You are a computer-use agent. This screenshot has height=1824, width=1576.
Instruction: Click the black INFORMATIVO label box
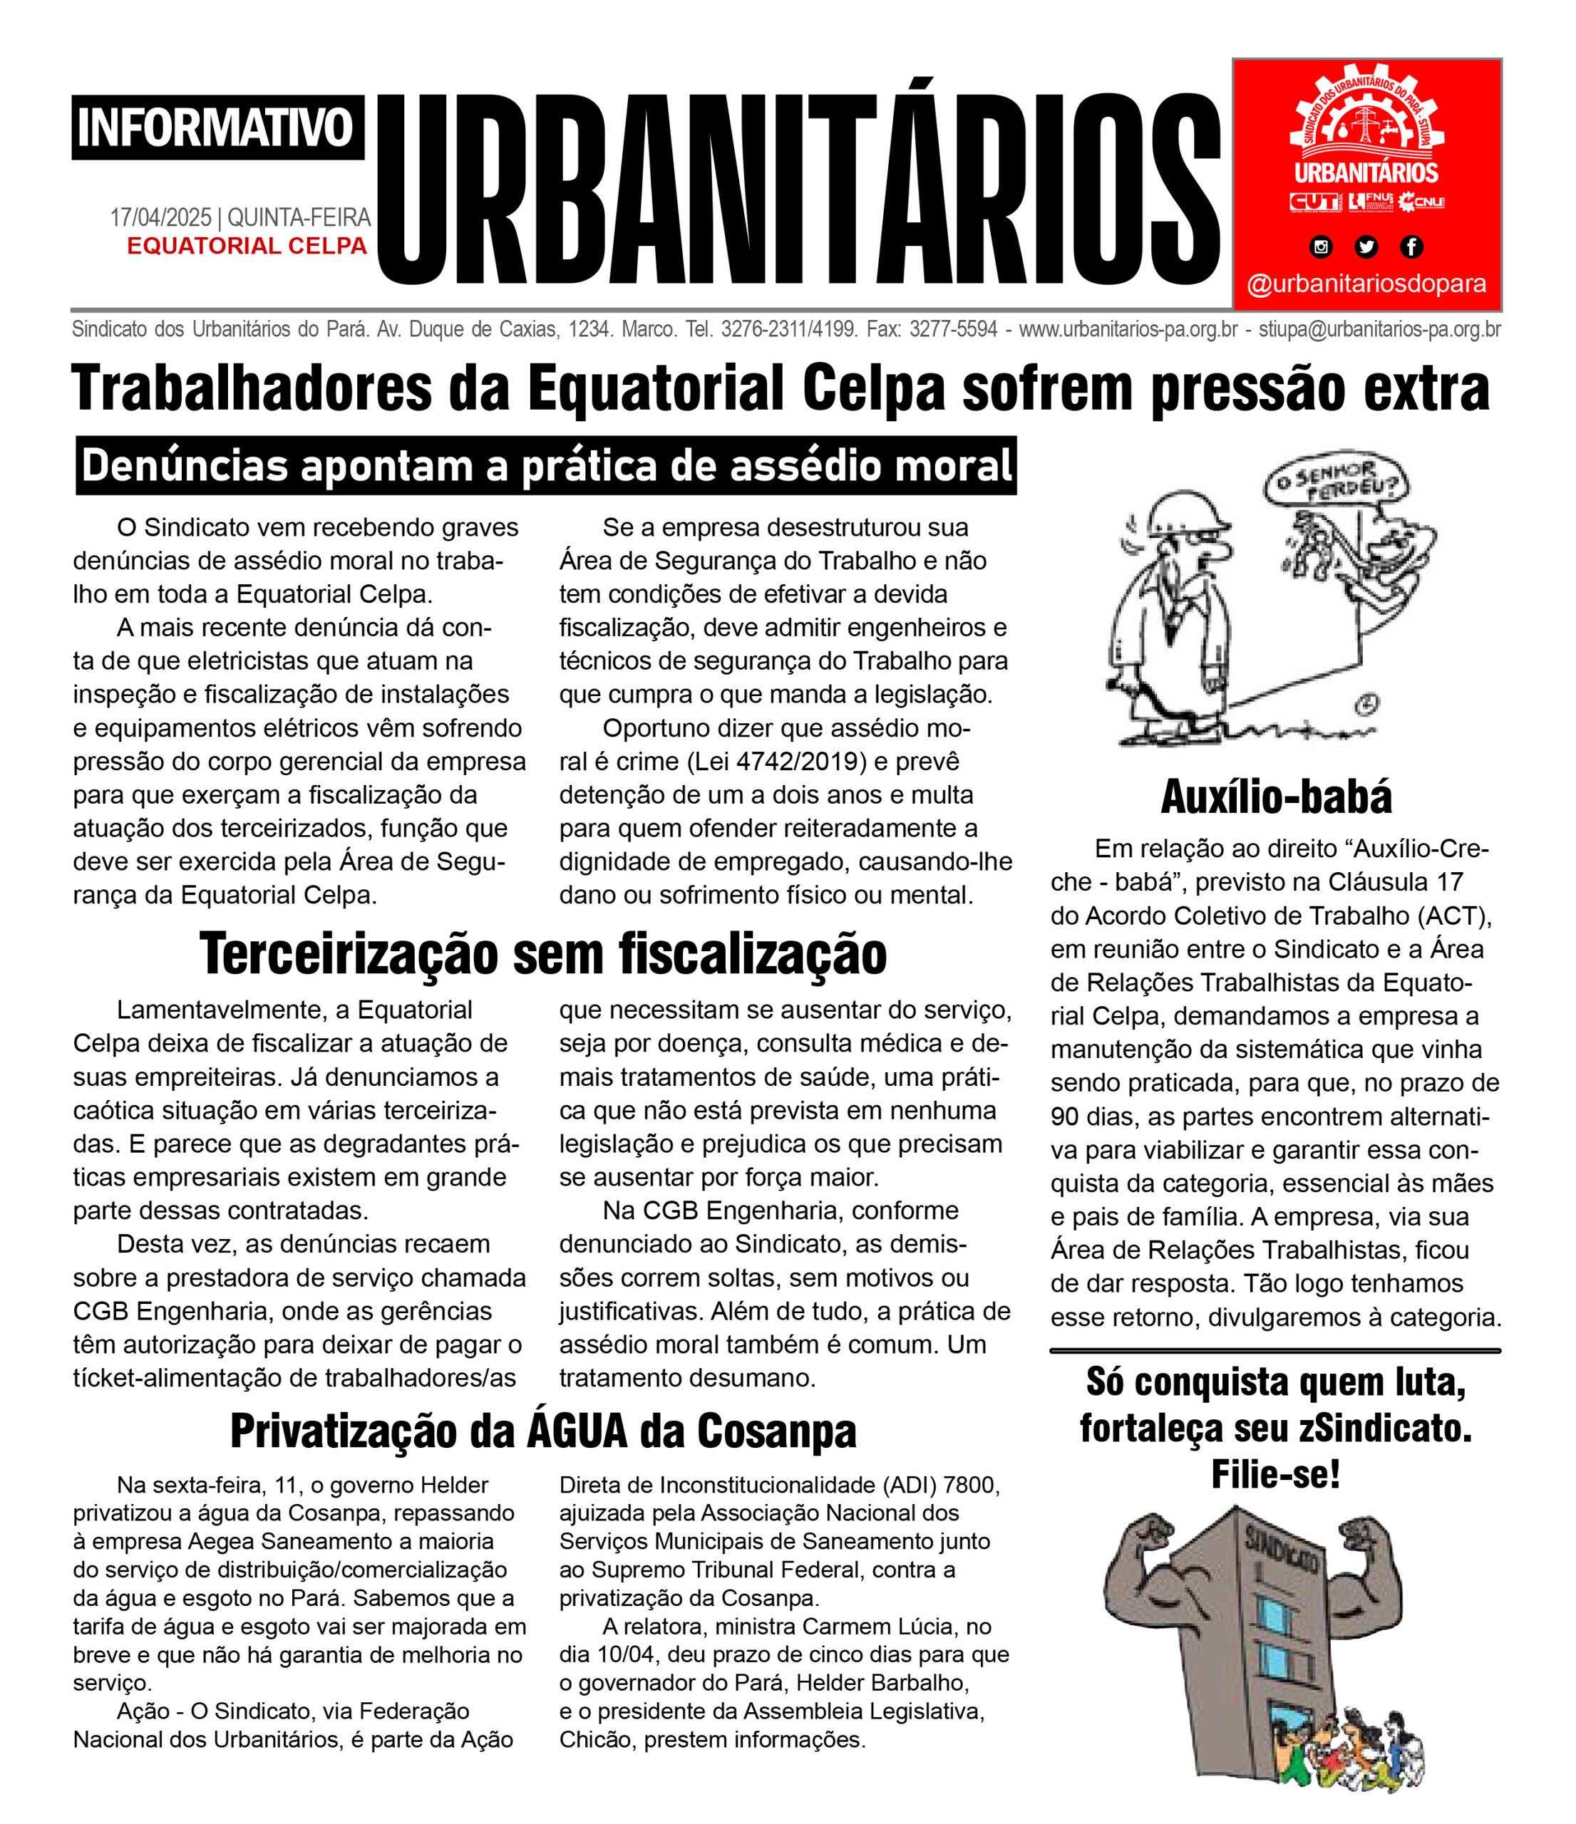(217, 128)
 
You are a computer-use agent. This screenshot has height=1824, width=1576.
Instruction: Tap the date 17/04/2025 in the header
(161, 217)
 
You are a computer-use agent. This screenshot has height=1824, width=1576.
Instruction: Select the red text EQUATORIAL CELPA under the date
(247, 246)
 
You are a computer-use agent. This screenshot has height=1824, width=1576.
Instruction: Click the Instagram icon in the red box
(1321, 247)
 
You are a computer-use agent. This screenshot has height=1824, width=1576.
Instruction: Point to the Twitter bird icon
(1366, 247)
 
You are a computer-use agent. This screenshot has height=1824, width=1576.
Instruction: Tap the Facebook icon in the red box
(1411, 247)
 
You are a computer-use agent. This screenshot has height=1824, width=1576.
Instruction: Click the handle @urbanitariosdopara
(1366, 284)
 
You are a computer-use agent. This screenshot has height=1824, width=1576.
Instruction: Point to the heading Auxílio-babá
(1276, 797)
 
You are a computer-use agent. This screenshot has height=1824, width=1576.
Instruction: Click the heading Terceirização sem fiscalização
(542, 953)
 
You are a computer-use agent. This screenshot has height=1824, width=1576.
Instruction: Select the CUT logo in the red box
(1314, 202)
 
